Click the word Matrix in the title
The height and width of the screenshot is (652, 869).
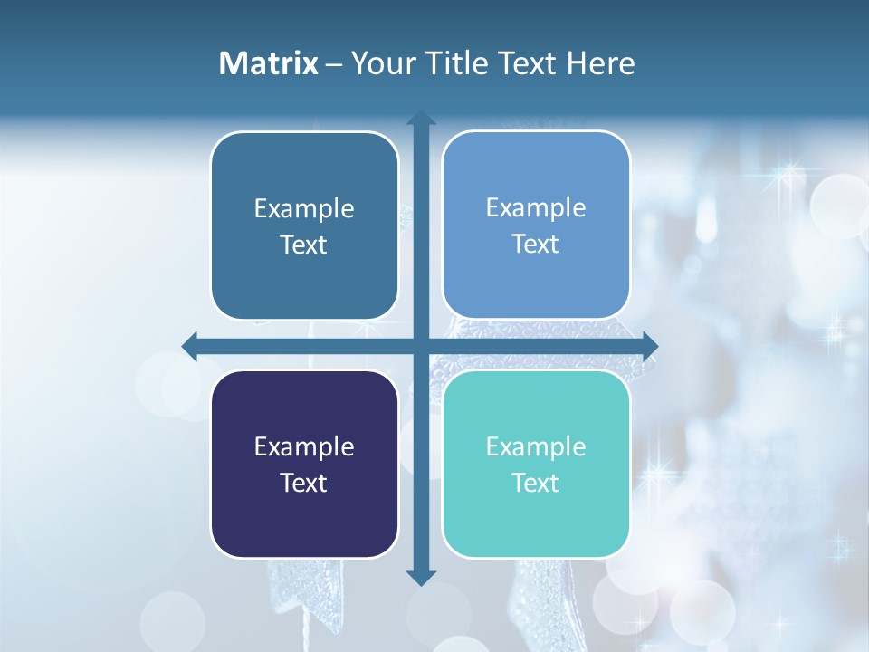(x=268, y=63)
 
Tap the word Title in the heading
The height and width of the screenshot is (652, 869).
(x=460, y=63)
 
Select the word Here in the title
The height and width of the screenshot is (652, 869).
(x=601, y=63)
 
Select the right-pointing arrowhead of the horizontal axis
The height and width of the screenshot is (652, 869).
(x=650, y=345)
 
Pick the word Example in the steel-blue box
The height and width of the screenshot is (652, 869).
(x=304, y=209)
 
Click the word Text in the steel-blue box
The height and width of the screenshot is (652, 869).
(x=304, y=245)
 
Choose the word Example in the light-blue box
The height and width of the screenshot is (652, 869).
(x=536, y=208)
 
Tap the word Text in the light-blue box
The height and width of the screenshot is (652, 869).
(x=536, y=244)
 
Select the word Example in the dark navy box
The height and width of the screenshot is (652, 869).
(x=304, y=447)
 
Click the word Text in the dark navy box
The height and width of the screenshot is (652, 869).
(x=304, y=484)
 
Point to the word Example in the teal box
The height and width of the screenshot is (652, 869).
(x=536, y=447)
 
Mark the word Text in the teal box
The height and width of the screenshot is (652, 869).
(x=536, y=484)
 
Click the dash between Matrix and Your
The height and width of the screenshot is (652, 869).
(x=334, y=64)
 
